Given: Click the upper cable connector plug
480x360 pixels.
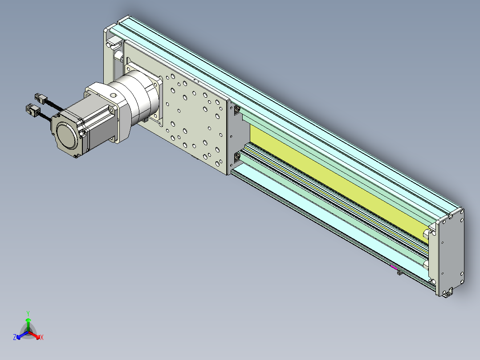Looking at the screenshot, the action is [x=41, y=98].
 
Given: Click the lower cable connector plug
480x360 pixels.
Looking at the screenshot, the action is [x=33, y=110].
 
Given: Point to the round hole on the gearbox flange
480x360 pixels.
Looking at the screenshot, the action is [x=113, y=95].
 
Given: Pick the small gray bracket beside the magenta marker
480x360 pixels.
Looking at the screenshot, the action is [x=400, y=272].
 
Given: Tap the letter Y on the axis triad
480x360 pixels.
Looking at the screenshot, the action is [x=28, y=313].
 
